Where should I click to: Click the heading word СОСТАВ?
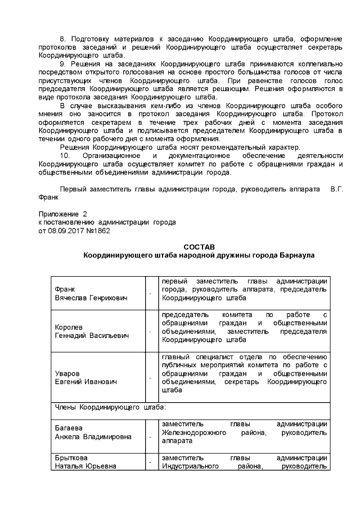tap(199, 247)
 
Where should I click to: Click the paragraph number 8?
tap(62, 38)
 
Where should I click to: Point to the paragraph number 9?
tap(62, 65)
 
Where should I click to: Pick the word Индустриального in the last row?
tap(191, 466)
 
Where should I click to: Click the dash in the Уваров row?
tap(150, 378)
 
